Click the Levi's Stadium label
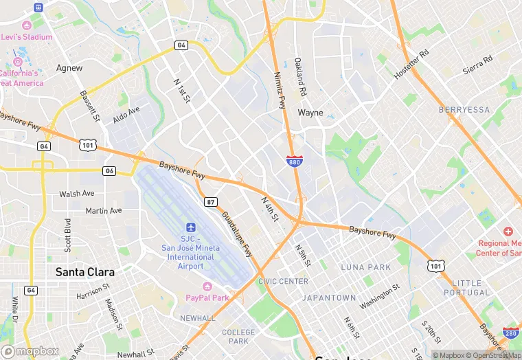(x=27, y=36)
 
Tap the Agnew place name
(x=69, y=68)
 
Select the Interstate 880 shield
(x=293, y=160)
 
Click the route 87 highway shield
(x=212, y=201)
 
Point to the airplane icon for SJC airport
(x=191, y=227)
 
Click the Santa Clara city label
(x=84, y=272)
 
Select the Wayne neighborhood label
(x=310, y=113)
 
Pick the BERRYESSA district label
(x=464, y=110)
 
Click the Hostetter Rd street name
(x=411, y=64)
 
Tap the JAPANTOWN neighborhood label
(x=330, y=297)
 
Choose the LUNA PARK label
(x=366, y=267)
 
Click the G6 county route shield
(x=109, y=170)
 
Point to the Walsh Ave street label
(x=77, y=194)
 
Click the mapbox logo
(x=30, y=351)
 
